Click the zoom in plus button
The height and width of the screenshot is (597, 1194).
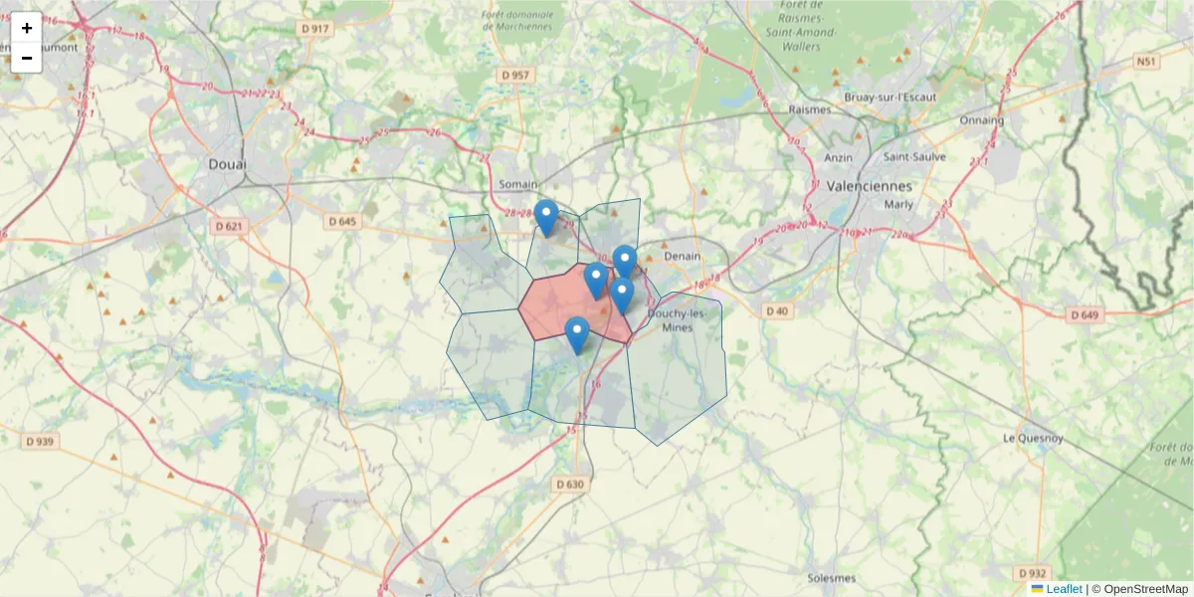click(27, 28)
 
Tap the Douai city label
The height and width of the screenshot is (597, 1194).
click(228, 164)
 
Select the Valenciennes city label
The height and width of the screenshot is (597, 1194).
click(869, 186)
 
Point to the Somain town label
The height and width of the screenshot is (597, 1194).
click(517, 184)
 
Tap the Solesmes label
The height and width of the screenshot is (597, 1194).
click(832, 578)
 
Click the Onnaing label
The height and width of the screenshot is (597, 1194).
click(981, 120)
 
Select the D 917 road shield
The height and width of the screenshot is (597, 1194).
click(313, 28)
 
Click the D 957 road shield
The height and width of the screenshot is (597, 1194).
click(517, 75)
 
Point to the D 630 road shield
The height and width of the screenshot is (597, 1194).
click(570, 485)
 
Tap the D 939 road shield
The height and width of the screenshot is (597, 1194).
click(39, 441)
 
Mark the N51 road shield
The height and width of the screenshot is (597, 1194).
click(1146, 62)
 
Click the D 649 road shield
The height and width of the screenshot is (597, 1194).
click(1085, 315)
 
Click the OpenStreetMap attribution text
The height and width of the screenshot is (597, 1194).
click(1138, 589)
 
